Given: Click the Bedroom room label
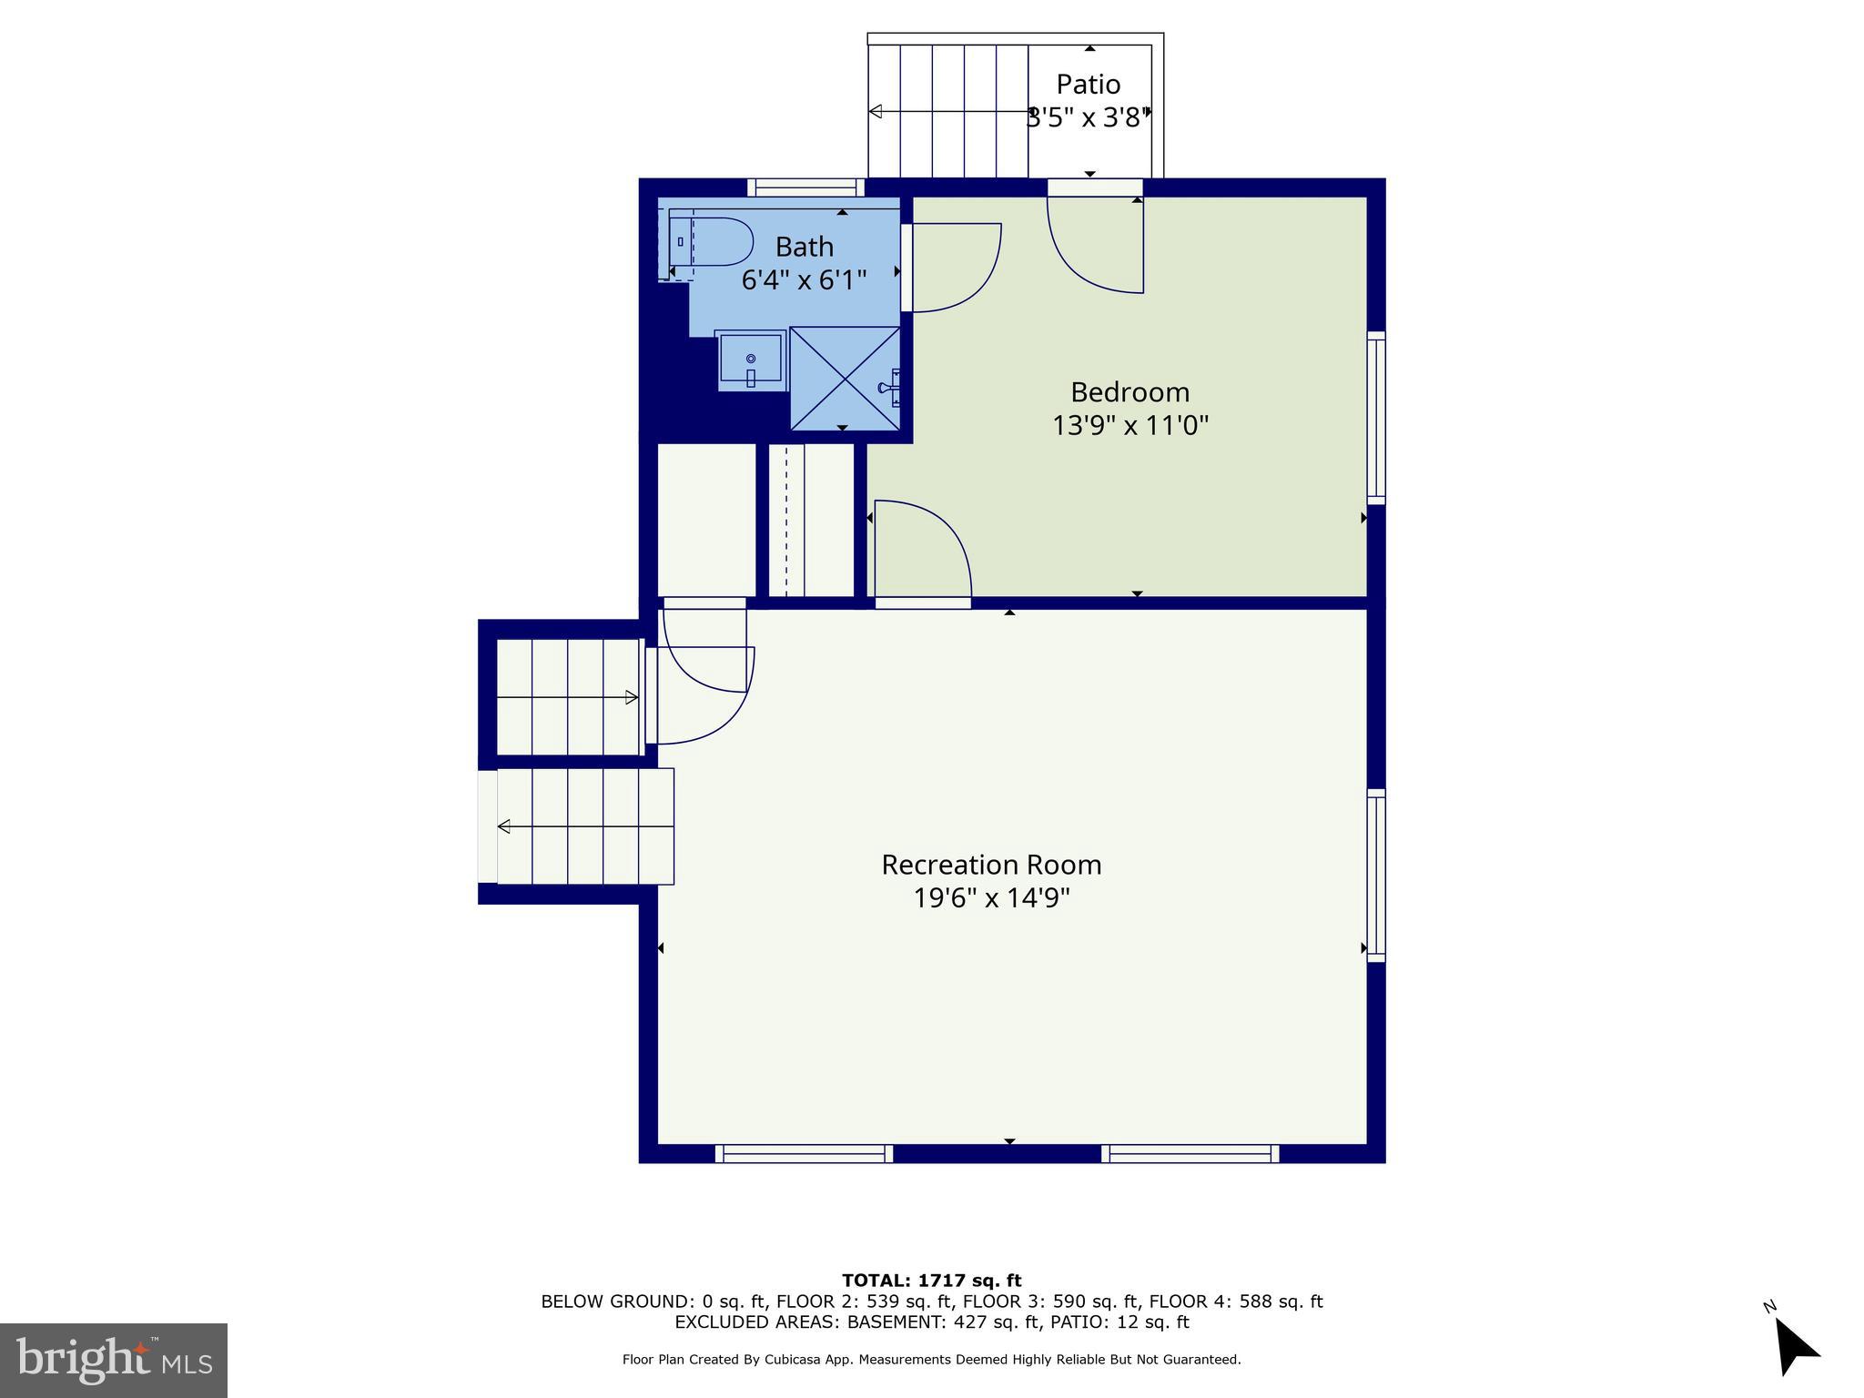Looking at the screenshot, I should click(x=1130, y=392).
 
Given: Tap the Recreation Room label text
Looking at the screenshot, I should click(x=991, y=865).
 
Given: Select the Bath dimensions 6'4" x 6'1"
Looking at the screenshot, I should click(x=804, y=279).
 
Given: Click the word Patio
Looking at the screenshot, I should click(x=1088, y=85).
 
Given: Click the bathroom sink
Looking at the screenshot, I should click(x=750, y=360).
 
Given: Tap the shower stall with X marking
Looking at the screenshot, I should click(x=845, y=378).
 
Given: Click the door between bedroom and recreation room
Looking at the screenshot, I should click(x=922, y=552).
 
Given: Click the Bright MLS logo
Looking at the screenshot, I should click(x=114, y=1360).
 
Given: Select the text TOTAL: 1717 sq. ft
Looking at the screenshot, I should click(x=931, y=1281).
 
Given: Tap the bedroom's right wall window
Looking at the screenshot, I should click(x=1376, y=418).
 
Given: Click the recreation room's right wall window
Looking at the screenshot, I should click(x=1376, y=876).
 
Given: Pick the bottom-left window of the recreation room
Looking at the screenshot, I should click(x=804, y=1154).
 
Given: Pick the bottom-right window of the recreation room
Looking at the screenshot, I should click(x=1190, y=1154).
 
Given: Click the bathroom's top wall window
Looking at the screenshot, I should click(x=805, y=187).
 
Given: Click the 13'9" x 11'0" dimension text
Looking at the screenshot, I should click(x=1130, y=426).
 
